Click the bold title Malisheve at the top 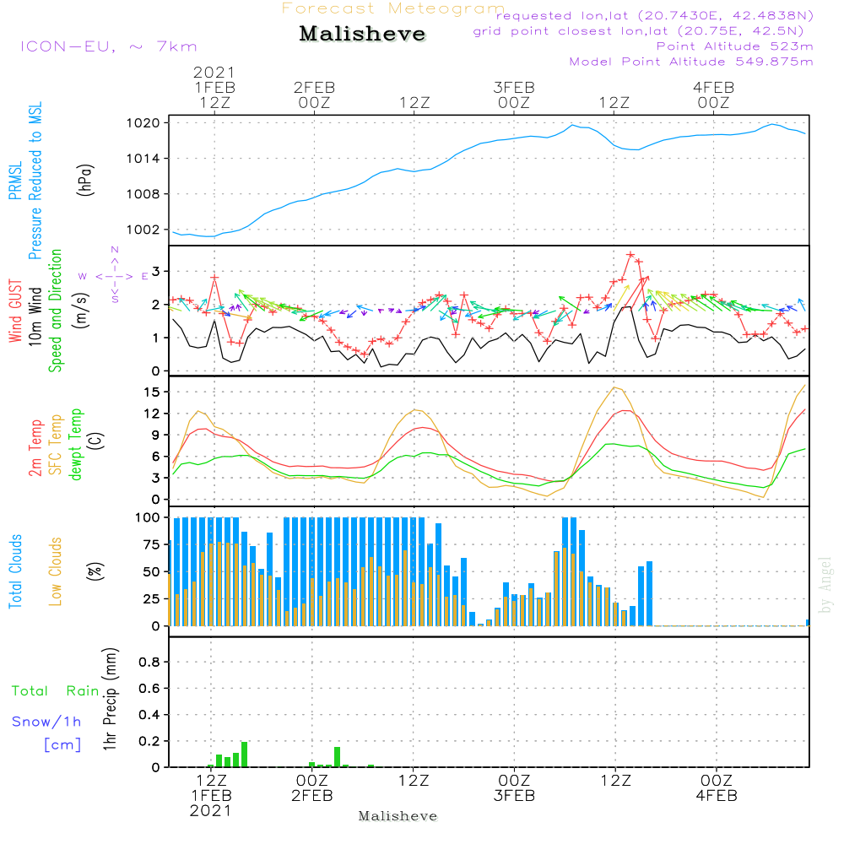pyautogui.click(x=362, y=34)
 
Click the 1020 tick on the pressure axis pyautogui.click(x=143, y=123)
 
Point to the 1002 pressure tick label pyautogui.click(x=143, y=230)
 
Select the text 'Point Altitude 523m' pyautogui.click(x=735, y=46)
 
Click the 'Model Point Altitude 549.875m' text pyautogui.click(x=691, y=62)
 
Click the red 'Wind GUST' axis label pyautogui.click(x=15, y=311)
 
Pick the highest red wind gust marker pyautogui.click(x=630, y=255)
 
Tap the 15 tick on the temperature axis pyautogui.click(x=152, y=392)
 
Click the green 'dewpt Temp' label pyautogui.click(x=75, y=444)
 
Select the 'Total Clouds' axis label pyautogui.click(x=15, y=571)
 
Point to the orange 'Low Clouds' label pyautogui.click(x=56, y=571)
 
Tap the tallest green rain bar pyautogui.click(x=245, y=755)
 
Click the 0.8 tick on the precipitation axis pyautogui.click(x=149, y=662)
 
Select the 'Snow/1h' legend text pyautogui.click(x=46, y=722)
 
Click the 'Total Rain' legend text pyautogui.click(x=56, y=691)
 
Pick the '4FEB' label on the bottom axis pyautogui.click(x=717, y=796)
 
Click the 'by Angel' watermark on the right pyautogui.click(x=825, y=585)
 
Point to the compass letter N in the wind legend pyautogui.click(x=115, y=250)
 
